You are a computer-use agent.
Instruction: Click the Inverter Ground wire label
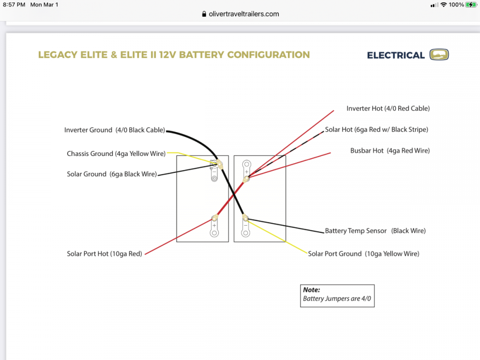(x=115, y=130)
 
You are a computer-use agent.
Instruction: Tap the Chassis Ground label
(x=116, y=154)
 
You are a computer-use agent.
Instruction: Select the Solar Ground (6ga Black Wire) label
(x=112, y=174)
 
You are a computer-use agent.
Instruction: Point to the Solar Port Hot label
(x=105, y=254)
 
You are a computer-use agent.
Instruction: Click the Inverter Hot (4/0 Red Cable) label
(x=388, y=108)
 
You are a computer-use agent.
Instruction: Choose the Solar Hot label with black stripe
(x=376, y=130)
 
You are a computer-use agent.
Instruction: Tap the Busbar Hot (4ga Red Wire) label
(x=390, y=151)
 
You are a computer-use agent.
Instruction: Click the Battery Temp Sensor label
(x=375, y=231)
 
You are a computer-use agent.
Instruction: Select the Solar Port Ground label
(x=363, y=253)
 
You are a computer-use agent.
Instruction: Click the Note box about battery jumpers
(x=337, y=295)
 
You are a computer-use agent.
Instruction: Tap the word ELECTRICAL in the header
(x=396, y=55)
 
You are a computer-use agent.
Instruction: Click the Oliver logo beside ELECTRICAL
(x=439, y=55)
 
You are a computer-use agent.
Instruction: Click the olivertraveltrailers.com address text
(x=244, y=14)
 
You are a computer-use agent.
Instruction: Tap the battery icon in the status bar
(x=471, y=5)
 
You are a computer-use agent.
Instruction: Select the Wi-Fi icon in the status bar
(x=444, y=5)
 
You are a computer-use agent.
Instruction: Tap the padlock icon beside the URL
(x=204, y=14)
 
